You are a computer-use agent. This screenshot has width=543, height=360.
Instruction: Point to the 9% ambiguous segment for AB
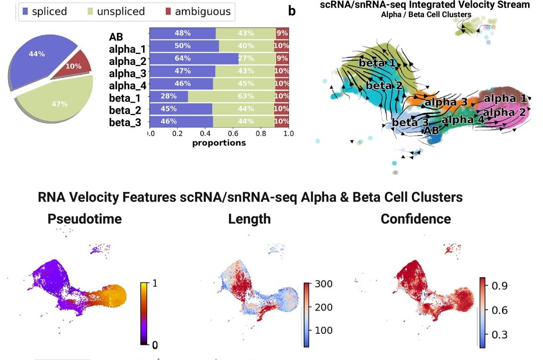point(282,33)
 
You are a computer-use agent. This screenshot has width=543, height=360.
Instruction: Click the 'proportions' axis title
point(219,143)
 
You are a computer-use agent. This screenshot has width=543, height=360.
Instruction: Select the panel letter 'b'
point(292,10)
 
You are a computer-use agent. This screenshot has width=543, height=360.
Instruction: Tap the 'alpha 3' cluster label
point(446,102)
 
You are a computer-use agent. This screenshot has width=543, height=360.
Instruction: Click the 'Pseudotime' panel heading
point(85,219)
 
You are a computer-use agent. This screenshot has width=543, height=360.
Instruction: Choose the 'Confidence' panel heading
point(416,219)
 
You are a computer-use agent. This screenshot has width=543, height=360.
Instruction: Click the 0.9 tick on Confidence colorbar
point(495,285)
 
